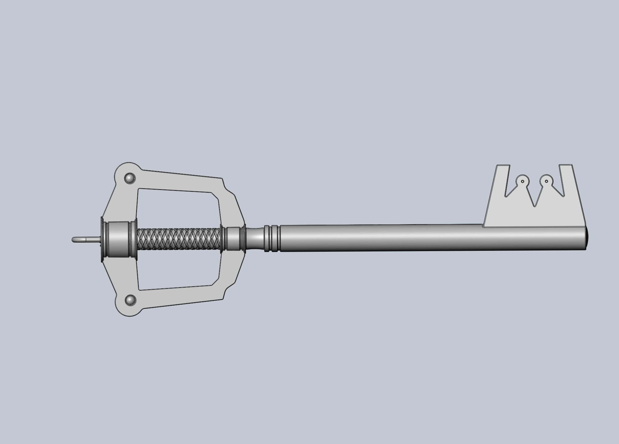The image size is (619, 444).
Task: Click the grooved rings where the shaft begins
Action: [x=272, y=239]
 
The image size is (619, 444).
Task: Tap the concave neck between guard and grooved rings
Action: [x=256, y=239]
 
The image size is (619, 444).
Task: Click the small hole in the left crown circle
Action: [x=522, y=182]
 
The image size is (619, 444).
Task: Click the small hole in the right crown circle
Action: [x=546, y=181]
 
